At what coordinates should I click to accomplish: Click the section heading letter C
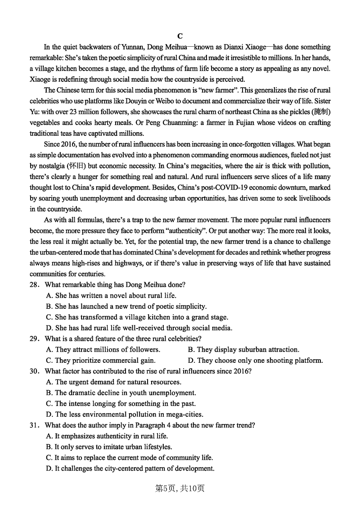tap(180, 36)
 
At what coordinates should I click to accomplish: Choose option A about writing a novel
tap(111, 295)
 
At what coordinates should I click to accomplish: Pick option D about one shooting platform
tap(255, 360)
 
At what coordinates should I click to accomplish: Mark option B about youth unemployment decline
tap(121, 392)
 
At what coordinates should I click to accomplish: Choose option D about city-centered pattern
tap(130, 468)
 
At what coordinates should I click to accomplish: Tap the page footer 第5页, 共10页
tap(180, 488)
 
